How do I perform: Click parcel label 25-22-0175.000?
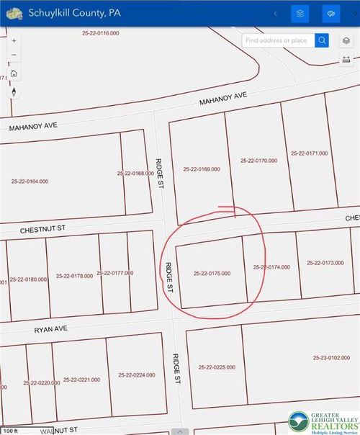212,274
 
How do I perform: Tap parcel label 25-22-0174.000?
271,267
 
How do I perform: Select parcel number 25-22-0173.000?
325,263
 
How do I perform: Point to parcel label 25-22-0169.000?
202,169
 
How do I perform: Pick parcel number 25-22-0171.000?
309,153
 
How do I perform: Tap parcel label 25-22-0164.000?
30,181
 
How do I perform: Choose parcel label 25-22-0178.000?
73,276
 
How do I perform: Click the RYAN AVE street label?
50,328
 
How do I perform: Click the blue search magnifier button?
322,40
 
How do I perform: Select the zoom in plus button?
14,40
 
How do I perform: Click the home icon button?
14,73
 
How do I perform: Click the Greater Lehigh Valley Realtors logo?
322,421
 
